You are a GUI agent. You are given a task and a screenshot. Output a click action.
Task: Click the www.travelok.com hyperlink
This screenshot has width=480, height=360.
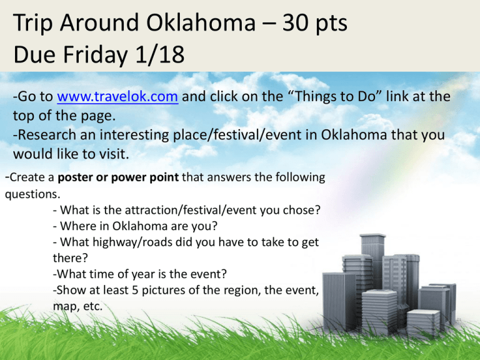[x=117, y=96]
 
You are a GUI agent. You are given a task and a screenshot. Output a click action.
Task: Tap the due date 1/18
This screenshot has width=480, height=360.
[x=160, y=54]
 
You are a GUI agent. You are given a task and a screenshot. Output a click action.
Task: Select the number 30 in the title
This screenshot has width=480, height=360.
[x=296, y=23]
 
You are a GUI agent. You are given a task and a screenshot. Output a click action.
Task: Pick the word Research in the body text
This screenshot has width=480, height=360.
[x=47, y=135]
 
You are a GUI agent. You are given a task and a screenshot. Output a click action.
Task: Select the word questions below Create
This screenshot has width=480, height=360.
[x=32, y=194]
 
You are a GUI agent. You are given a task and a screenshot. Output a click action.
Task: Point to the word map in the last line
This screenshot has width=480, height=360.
[x=63, y=306]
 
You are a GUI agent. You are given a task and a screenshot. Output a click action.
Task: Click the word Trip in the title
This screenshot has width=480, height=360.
[x=32, y=23]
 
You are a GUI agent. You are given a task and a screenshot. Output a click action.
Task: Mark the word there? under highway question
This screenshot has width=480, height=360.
[x=70, y=258]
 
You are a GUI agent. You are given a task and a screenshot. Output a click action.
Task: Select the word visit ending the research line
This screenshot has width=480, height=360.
[x=114, y=154]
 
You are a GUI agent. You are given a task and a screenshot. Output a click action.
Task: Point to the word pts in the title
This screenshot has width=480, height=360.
[x=331, y=24]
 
